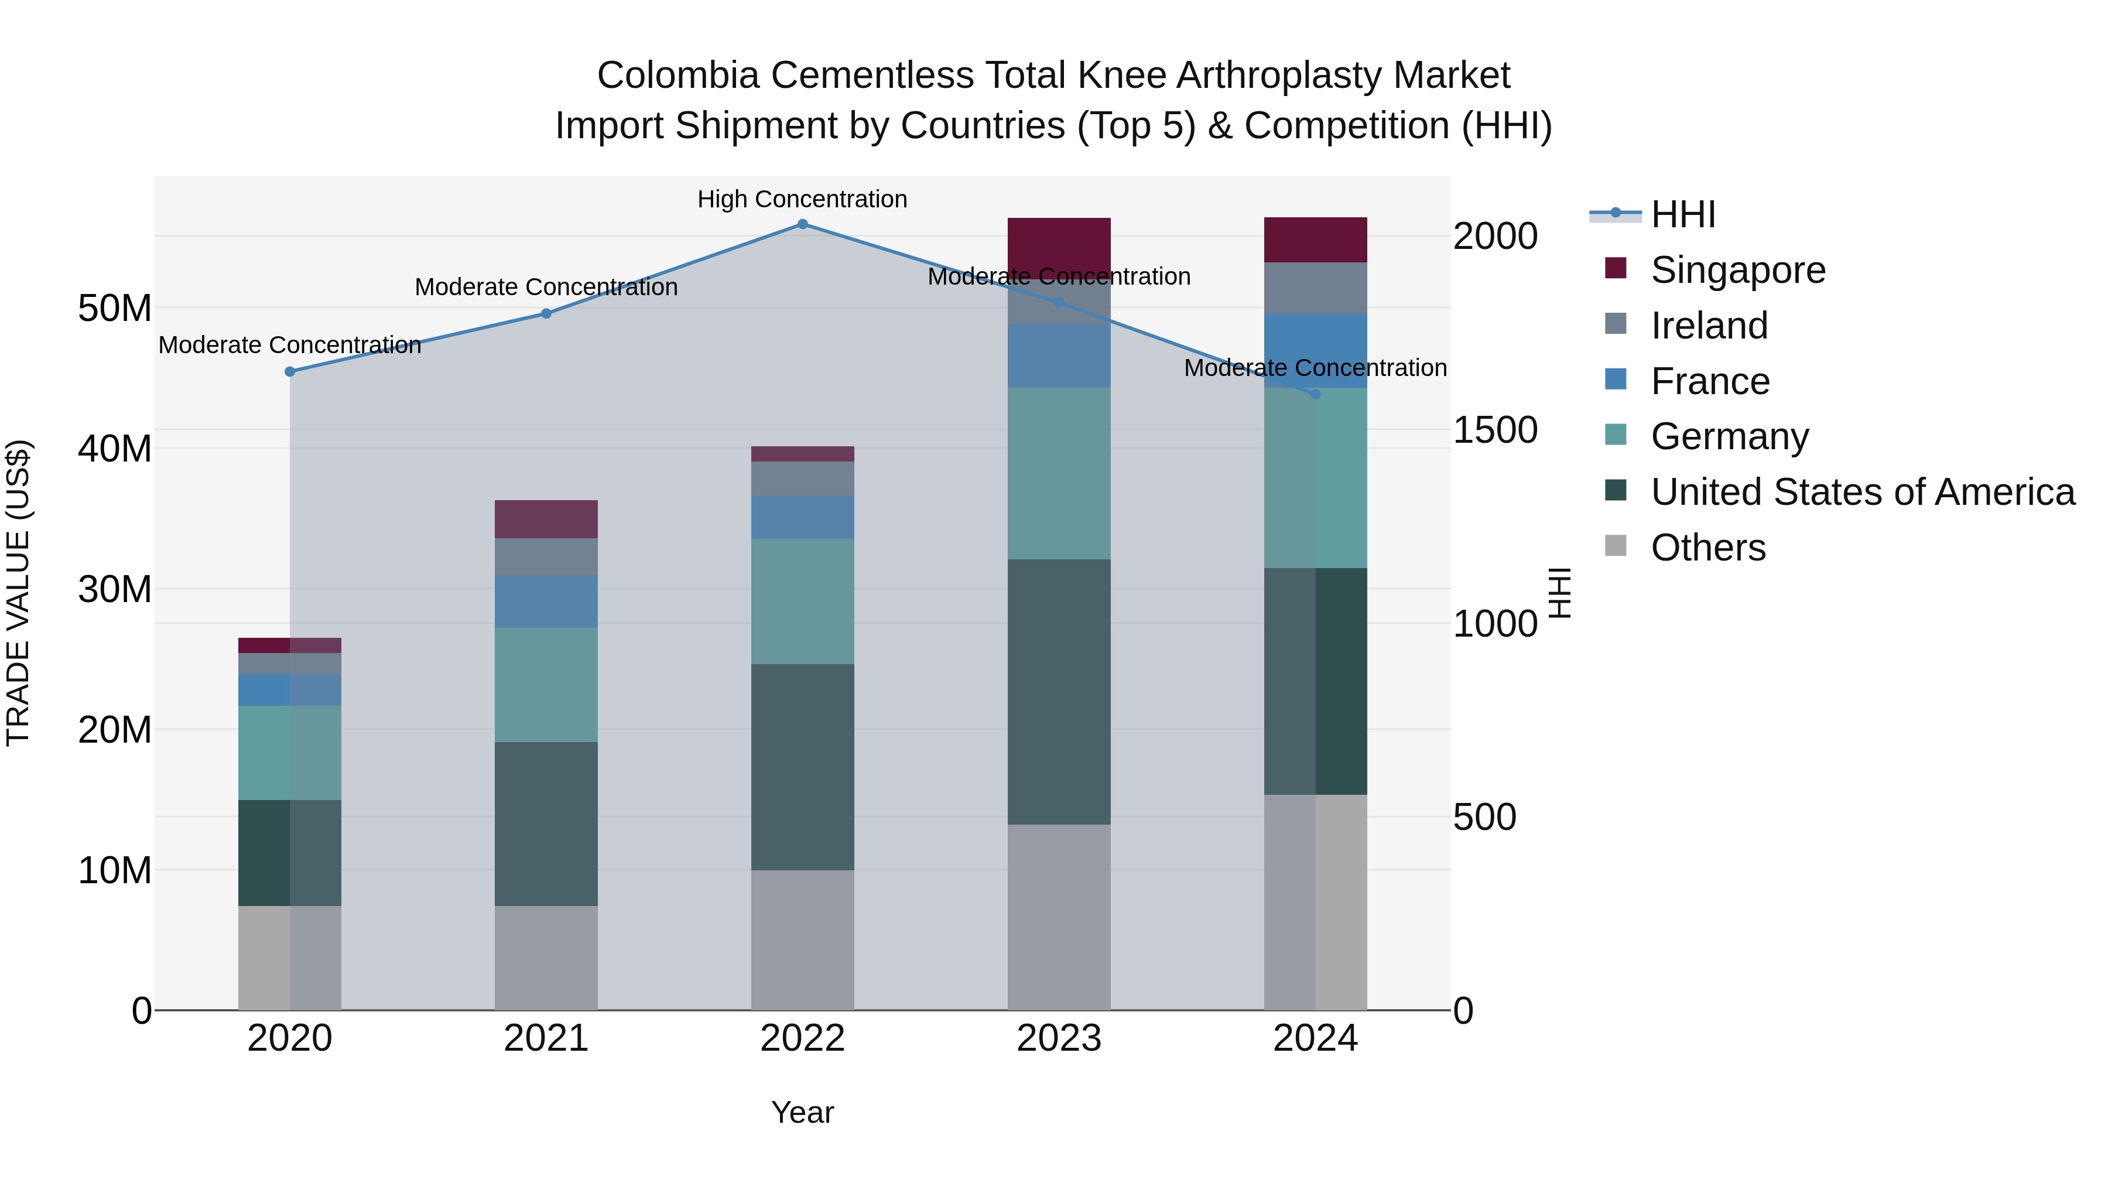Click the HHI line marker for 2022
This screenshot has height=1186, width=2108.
tap(802, 224)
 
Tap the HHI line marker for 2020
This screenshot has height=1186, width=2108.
tap(290, 371)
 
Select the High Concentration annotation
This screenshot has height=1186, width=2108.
tap(802, 200)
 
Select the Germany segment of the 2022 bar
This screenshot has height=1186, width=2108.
tap(802, 601)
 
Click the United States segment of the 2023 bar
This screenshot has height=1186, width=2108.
tap(1058, 692)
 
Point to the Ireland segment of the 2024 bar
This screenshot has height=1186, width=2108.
tap(1315, 288)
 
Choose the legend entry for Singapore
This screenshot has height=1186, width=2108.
tap(1737, 270)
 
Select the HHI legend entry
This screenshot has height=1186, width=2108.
tap(1682, 214)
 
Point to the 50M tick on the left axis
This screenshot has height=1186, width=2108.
tap(115, 309)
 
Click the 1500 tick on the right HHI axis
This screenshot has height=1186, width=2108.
tap(1495, 430)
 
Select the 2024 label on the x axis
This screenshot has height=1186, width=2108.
tap(1315, 1038)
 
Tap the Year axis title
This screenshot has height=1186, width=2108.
tap(802, 1112)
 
